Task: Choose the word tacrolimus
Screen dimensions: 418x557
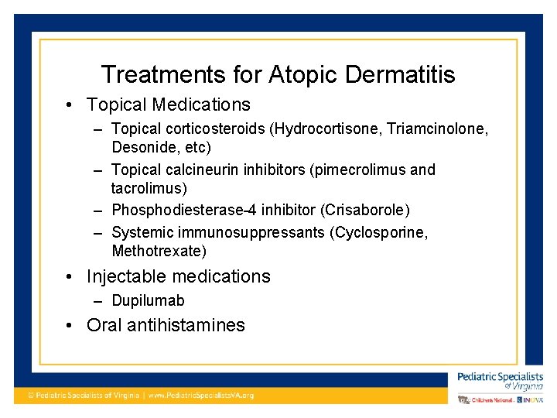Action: click(149, 188)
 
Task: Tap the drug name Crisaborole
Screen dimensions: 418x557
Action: click(368, 211)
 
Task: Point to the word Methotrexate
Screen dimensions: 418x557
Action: click(156, 251)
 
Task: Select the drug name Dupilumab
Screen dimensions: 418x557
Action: click(148, 300)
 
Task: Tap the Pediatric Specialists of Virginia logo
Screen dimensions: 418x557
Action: click(500, 379)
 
